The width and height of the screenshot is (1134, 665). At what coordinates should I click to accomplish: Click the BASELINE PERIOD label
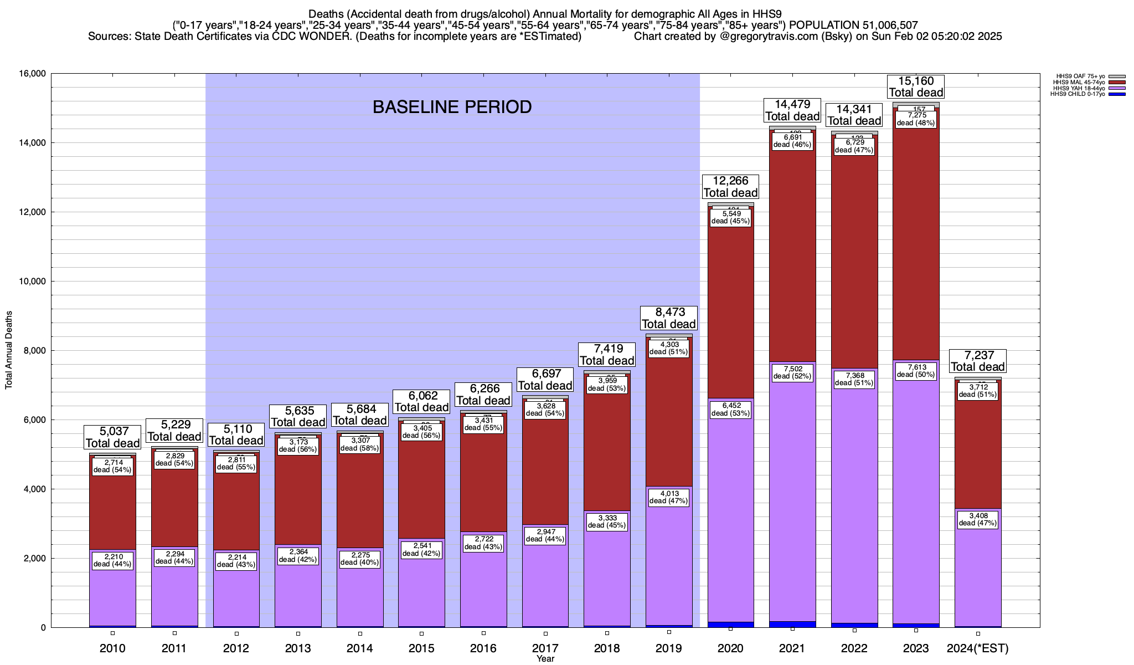coord(452,106)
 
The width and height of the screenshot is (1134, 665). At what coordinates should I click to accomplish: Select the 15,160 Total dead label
coord(916,87)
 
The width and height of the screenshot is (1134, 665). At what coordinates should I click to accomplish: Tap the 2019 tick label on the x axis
coord(668,648)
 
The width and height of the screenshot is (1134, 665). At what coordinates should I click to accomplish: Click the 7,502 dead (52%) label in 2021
coord(792,372)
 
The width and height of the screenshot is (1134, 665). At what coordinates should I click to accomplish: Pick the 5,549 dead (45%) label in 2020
coord(730,217)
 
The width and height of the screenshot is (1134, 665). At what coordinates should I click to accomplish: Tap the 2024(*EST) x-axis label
coord(977,648)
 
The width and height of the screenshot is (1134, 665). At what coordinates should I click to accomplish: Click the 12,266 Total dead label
coord(730,187)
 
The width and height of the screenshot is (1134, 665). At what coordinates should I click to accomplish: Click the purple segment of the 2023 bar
coord(916,499)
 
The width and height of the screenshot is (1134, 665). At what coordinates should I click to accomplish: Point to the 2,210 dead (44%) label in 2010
coord(112,561)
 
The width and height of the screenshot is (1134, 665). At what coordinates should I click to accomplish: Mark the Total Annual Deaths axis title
coord(9,350)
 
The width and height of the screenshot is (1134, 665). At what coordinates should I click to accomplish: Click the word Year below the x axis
coord(545,659)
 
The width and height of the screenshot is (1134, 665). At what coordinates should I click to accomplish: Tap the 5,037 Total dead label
coord(112,437)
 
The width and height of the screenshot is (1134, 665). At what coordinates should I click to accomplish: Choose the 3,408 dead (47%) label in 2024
coord(977,519)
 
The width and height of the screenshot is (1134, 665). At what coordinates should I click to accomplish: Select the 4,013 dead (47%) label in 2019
coord(668,497)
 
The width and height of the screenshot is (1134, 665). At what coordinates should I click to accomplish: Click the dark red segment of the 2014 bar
coord(360,499)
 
